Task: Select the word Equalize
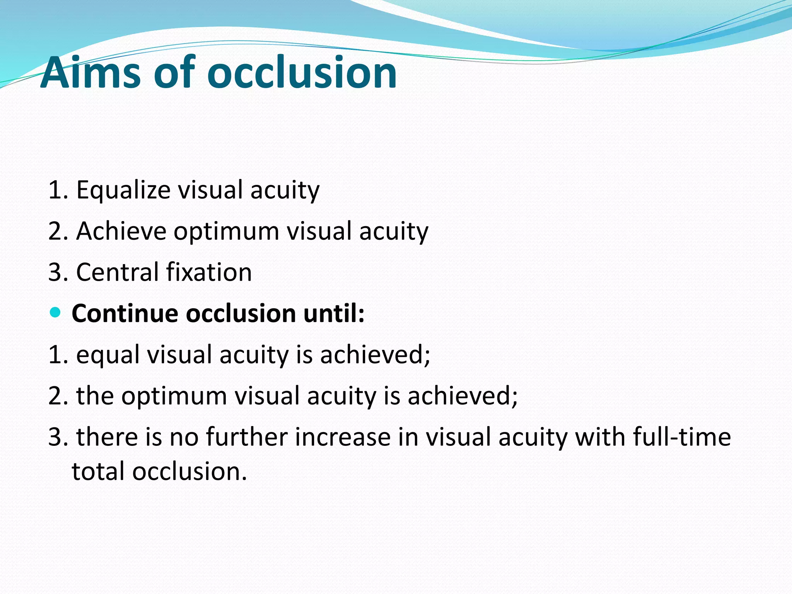click(x=123, y=190)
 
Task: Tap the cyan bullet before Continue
click(x=56, y=312)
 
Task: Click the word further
click(x=247, y=437)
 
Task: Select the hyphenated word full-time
click(x=682, y=437)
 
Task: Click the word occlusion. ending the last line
click(x=189, y=471)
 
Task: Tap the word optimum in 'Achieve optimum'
click(x=226, y=232)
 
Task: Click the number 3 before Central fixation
click(x=56, y=272)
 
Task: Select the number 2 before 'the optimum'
click(x=56, y=396)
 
